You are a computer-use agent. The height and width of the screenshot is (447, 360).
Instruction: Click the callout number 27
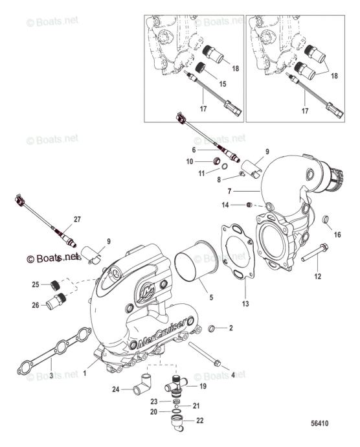pyautogui.click(x=77, y=219)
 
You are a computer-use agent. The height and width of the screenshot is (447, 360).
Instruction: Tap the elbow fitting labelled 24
pyautogui.click(x=143, y=384)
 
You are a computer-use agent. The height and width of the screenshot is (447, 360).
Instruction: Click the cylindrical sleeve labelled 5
pyautogui.click(x=196, y=262)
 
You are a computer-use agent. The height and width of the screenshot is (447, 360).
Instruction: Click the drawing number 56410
pyautogui.click(x=319, y=423)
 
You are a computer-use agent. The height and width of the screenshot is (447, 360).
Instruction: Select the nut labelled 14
pyautogui.click(x=249, y=205)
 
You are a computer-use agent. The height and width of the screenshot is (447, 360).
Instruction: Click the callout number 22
pyautogui.click(x=200, y=420)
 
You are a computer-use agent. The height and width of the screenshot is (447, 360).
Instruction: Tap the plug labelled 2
pyautogui.click(x=212, y=328)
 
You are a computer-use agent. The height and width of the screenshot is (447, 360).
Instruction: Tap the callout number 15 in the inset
pyautogui.click(x=222, y=84)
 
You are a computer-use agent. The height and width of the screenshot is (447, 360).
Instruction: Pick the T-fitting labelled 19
pyautogui.click(x=175, y=386)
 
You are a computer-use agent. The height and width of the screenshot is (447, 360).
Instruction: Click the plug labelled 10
pyautogui.click(x=217, y=161)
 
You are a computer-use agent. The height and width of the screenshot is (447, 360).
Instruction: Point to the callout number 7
pyautogui.click(x=229, y=191)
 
